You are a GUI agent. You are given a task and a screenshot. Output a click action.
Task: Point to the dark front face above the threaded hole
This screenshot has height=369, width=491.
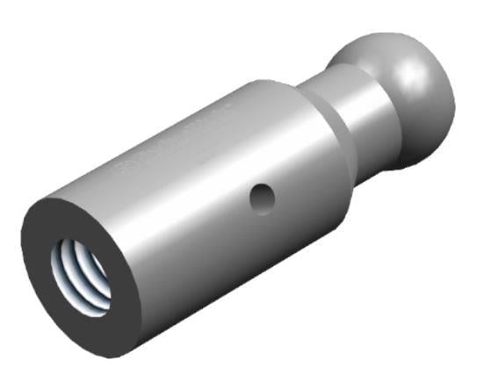tap(88, 220)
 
